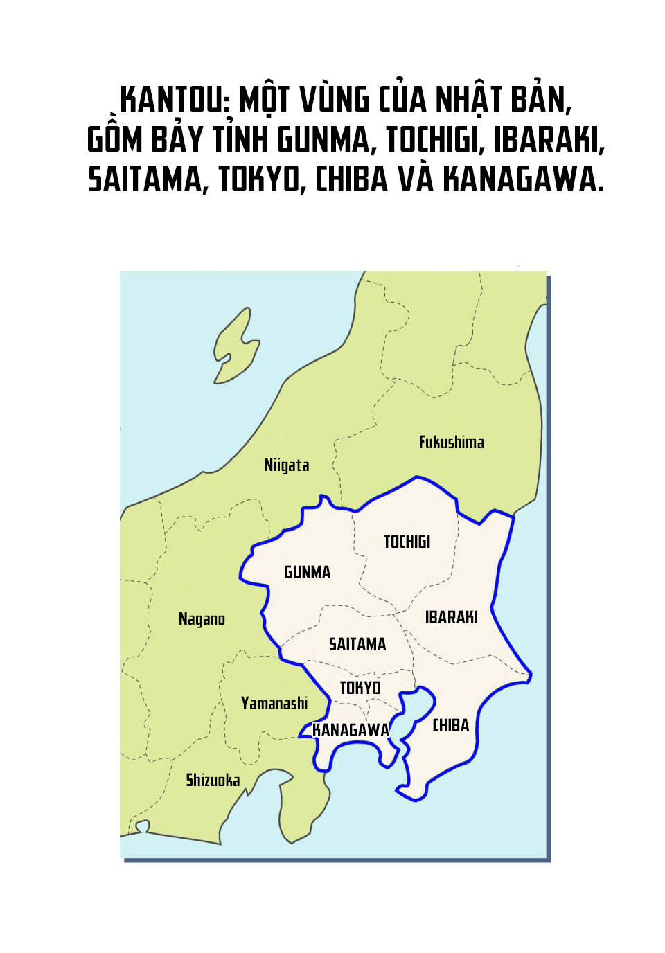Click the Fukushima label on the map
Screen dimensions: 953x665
tap(451, 442)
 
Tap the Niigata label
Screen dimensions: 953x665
tap(286, 465)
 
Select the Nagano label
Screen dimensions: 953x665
tap(202, 618)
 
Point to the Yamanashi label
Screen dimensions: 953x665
tap(274, 704)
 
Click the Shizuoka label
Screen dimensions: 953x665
tap(213, 781)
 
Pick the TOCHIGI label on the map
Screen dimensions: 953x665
tap(407, 542)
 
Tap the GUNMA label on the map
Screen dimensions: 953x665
tap(308, 572)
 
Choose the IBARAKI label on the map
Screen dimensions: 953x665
tap(451, 617)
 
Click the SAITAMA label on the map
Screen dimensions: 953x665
tap(357, 645)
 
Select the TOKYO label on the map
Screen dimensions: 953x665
tap(360, 688)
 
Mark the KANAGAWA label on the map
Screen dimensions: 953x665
tap(351, 730)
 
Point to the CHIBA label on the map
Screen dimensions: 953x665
tap(451, 725)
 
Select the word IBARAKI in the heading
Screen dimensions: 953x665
tap(549, 139)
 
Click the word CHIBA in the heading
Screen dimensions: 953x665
tap(351, 179)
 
